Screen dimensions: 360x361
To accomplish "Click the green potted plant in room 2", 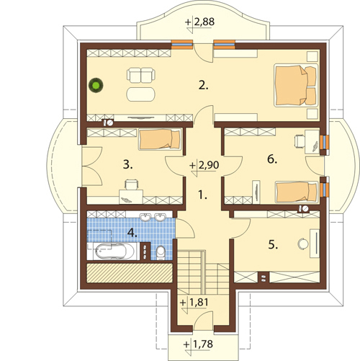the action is click(96, 85).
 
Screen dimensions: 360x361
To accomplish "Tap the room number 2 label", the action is click(204, 85).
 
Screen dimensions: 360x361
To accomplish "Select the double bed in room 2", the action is click(296, 85).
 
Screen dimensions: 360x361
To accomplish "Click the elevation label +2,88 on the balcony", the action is click(199, 22).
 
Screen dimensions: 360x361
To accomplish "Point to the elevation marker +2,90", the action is click(204, 165).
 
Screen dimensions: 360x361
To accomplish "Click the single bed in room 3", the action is click(160, 140).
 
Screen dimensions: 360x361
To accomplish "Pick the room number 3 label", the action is click(127, 165).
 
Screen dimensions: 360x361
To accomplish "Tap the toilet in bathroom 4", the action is click(161, 253).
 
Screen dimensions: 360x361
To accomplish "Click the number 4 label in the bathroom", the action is click(132, 233).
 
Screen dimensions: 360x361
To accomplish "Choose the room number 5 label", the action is click(273, 245).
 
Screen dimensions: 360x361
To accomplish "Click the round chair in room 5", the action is click(303, 244).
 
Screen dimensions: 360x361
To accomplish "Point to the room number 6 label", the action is click(272, 159).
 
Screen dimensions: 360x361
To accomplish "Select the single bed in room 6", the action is click(297, 192).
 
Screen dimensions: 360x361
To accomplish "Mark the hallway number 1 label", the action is click(203, 195).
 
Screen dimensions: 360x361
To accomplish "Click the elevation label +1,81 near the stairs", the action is click(194, 302).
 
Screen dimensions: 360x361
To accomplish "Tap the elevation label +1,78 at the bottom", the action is click(198, 344).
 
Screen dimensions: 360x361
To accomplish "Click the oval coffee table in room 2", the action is click(141, 94).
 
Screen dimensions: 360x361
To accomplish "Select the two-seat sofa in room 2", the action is click(141, 76).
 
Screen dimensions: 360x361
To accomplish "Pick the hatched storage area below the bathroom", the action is click(130, 273).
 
